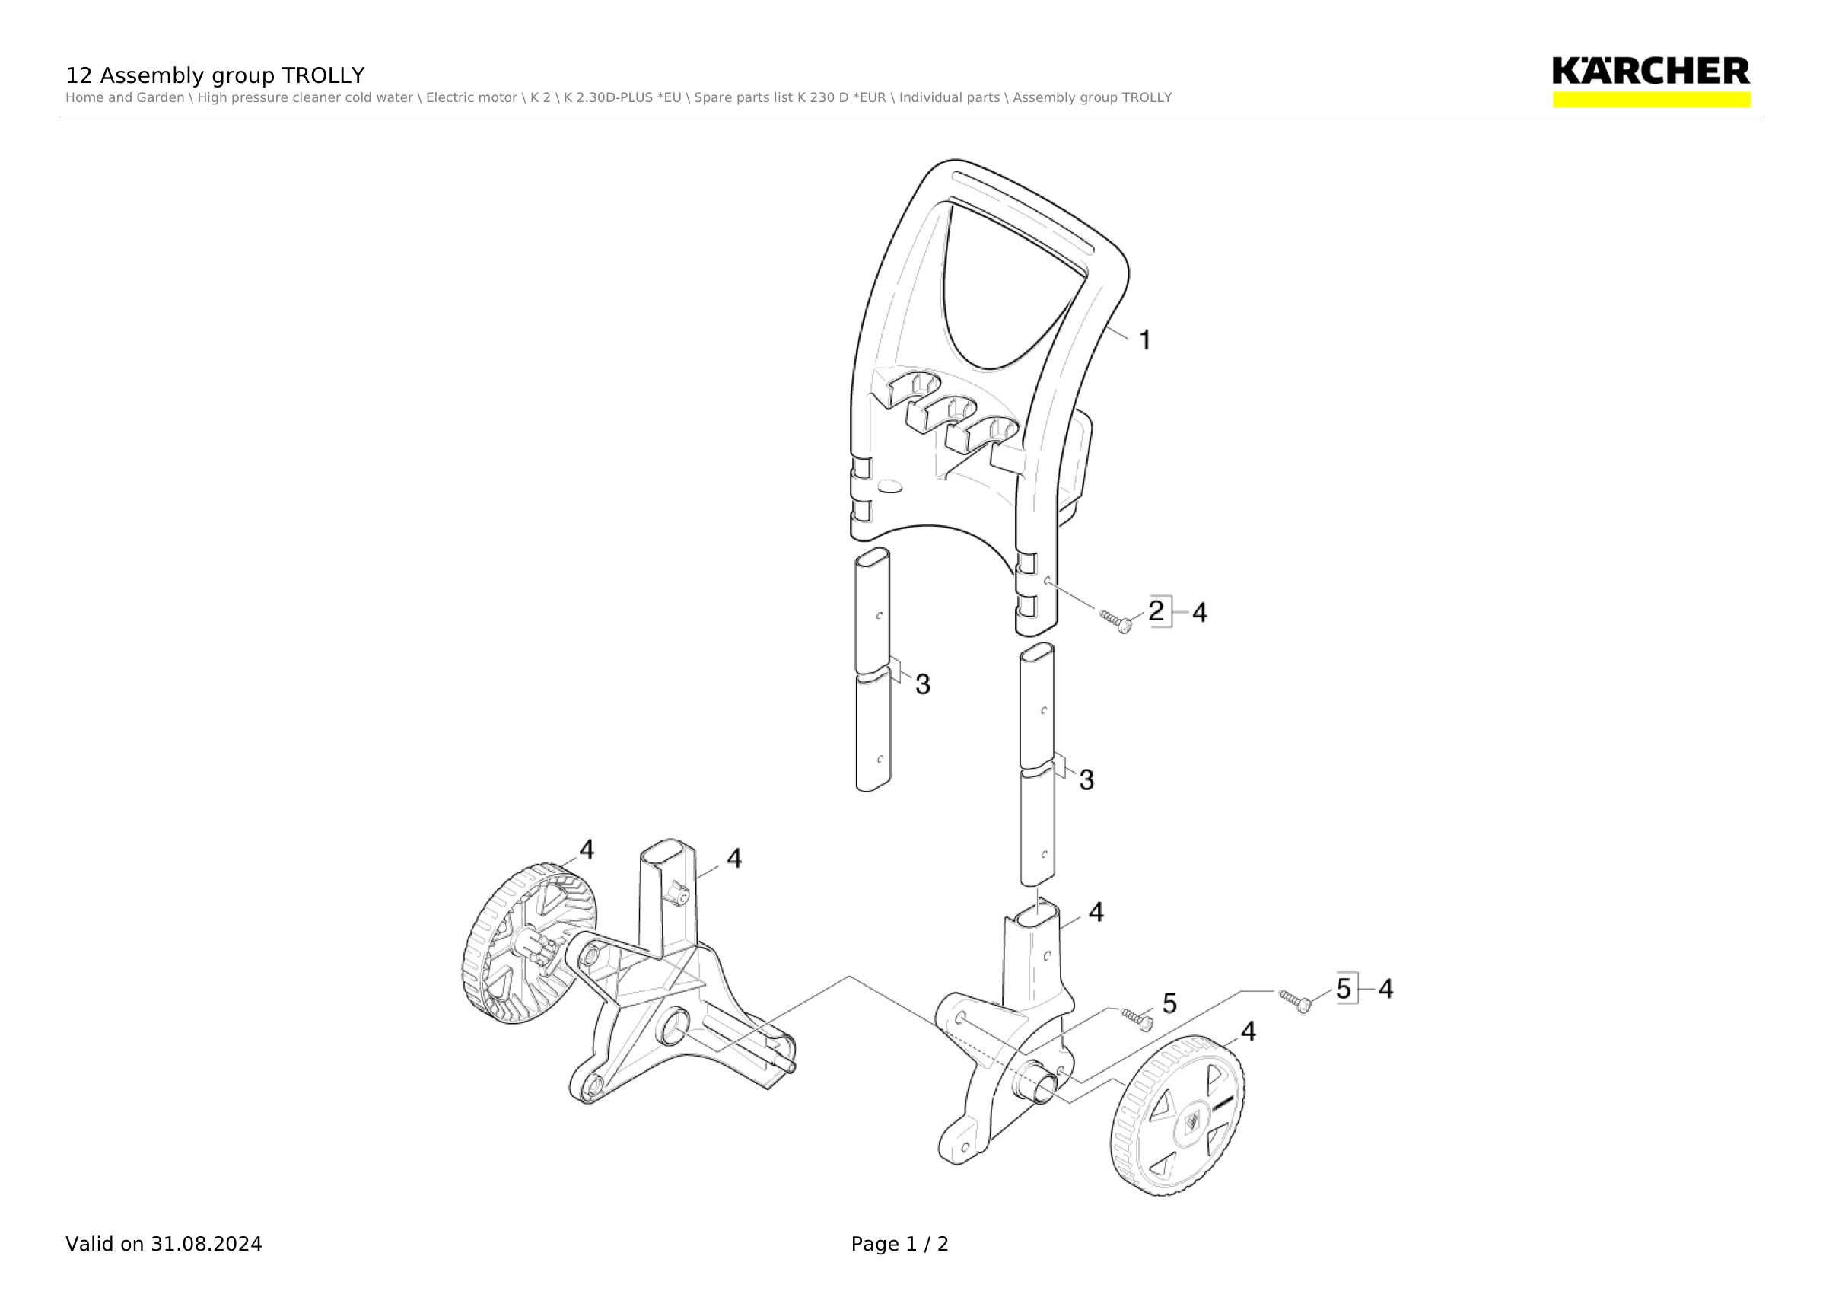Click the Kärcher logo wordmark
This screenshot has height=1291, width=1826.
point(1650,71)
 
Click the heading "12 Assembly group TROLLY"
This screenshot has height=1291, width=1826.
point(215,75)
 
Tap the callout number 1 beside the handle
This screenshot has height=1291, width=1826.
point(1145,340)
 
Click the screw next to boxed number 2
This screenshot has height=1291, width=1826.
point(1117,621)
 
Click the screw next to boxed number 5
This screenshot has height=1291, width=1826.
point(1296,1002)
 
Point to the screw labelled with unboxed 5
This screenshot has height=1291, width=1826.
point(1137,1020)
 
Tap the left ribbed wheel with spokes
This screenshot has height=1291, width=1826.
point(528,943)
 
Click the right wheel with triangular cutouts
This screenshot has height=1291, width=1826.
point(1178,1115)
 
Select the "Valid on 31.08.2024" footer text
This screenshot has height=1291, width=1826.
point(164,1244)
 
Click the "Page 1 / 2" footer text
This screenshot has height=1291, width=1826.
point(899,1244)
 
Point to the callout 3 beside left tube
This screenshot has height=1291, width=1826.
point(923,684)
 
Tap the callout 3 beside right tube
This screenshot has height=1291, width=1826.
point(1086,779)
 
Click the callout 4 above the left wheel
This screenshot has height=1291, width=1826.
point(586,850)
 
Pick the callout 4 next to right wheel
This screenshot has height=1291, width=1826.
point(1249,1031)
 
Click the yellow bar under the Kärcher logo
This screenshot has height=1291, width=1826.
point(1652,100)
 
